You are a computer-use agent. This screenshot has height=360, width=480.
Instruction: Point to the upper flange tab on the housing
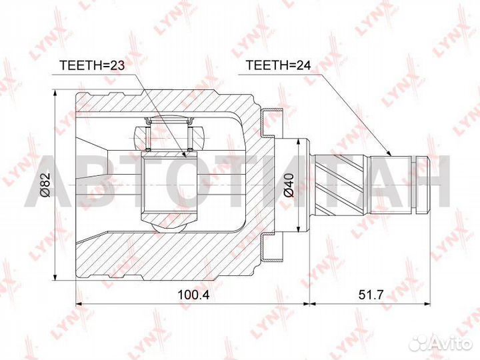pyautogui.click(x=274, y=121)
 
